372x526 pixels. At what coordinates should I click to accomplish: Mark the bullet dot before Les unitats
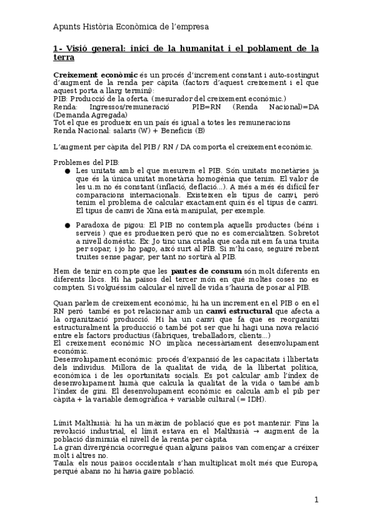coord(68,171)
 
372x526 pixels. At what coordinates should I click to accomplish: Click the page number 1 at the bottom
coord(315,500)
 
